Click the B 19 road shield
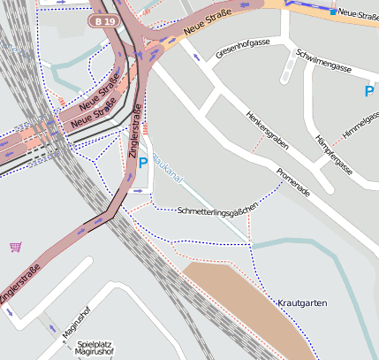[104, 19]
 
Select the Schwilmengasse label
[323, 60]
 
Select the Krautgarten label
[302, 303]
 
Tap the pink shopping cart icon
[15, 247]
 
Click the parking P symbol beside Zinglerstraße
[143, 164]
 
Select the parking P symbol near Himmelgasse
[369, 90]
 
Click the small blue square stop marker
[333, 12]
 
